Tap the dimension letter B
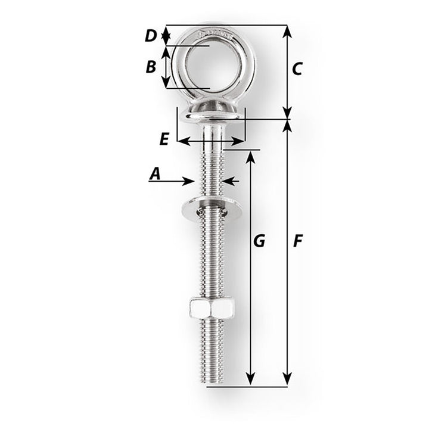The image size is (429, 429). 151,66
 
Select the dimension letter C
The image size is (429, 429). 297,69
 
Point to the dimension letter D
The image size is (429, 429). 151,36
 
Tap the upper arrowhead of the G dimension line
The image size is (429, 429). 251,156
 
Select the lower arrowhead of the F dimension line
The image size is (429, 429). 288,379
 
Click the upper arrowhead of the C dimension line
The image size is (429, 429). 288,31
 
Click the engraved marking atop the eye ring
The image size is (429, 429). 210,30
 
